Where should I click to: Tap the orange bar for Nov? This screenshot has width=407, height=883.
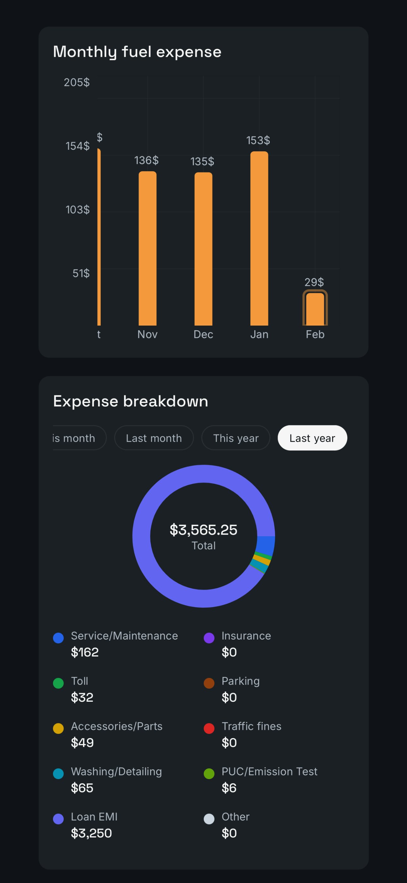147,248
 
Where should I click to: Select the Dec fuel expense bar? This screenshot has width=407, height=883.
203,249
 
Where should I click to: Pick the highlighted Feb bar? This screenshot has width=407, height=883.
315,309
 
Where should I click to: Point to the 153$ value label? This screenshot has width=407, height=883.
258,140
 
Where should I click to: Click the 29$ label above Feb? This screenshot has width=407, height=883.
314,282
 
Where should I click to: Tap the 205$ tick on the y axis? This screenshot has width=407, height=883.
77,82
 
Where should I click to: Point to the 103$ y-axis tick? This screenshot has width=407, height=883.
77,209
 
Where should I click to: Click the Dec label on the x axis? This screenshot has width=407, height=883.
203,334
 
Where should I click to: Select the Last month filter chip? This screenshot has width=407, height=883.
154,438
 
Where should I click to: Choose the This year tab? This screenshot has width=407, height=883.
236,438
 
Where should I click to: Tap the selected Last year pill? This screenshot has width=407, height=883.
312,438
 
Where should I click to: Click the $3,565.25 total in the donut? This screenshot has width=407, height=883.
203,530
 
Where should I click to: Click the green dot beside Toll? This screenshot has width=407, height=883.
58,683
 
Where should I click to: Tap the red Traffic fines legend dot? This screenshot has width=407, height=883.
209,728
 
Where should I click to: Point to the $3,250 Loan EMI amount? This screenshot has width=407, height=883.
91,833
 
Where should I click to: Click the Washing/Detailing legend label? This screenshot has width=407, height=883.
116,771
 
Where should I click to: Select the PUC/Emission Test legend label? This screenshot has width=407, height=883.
269,771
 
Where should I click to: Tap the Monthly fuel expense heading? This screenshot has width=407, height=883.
137,52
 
